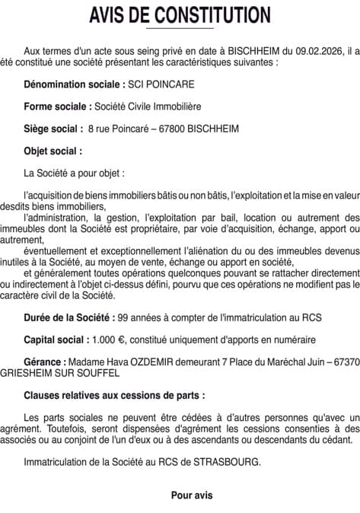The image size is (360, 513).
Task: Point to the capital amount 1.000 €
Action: tap(109, 339)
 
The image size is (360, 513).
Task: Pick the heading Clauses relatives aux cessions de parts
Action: tap(114, 396)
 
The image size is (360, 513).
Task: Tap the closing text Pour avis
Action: tap(192, 495)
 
